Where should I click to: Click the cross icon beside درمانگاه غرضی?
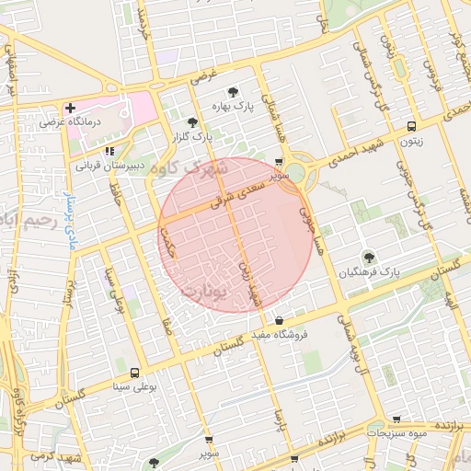click(70, 108)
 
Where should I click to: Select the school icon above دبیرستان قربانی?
click(109, 150)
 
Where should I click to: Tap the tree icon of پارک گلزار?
click(191, 122)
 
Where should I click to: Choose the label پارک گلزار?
click(190, 138)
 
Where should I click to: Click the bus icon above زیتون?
click(410, 126)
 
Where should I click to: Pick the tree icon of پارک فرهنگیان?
click(369, 258)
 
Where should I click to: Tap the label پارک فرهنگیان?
click(368, 273)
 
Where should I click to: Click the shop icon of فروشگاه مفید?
click(279, 321)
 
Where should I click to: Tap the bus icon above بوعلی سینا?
click(136, 373)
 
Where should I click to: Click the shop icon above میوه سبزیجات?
click(397, 419)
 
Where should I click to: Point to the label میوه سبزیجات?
click(397, 431)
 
